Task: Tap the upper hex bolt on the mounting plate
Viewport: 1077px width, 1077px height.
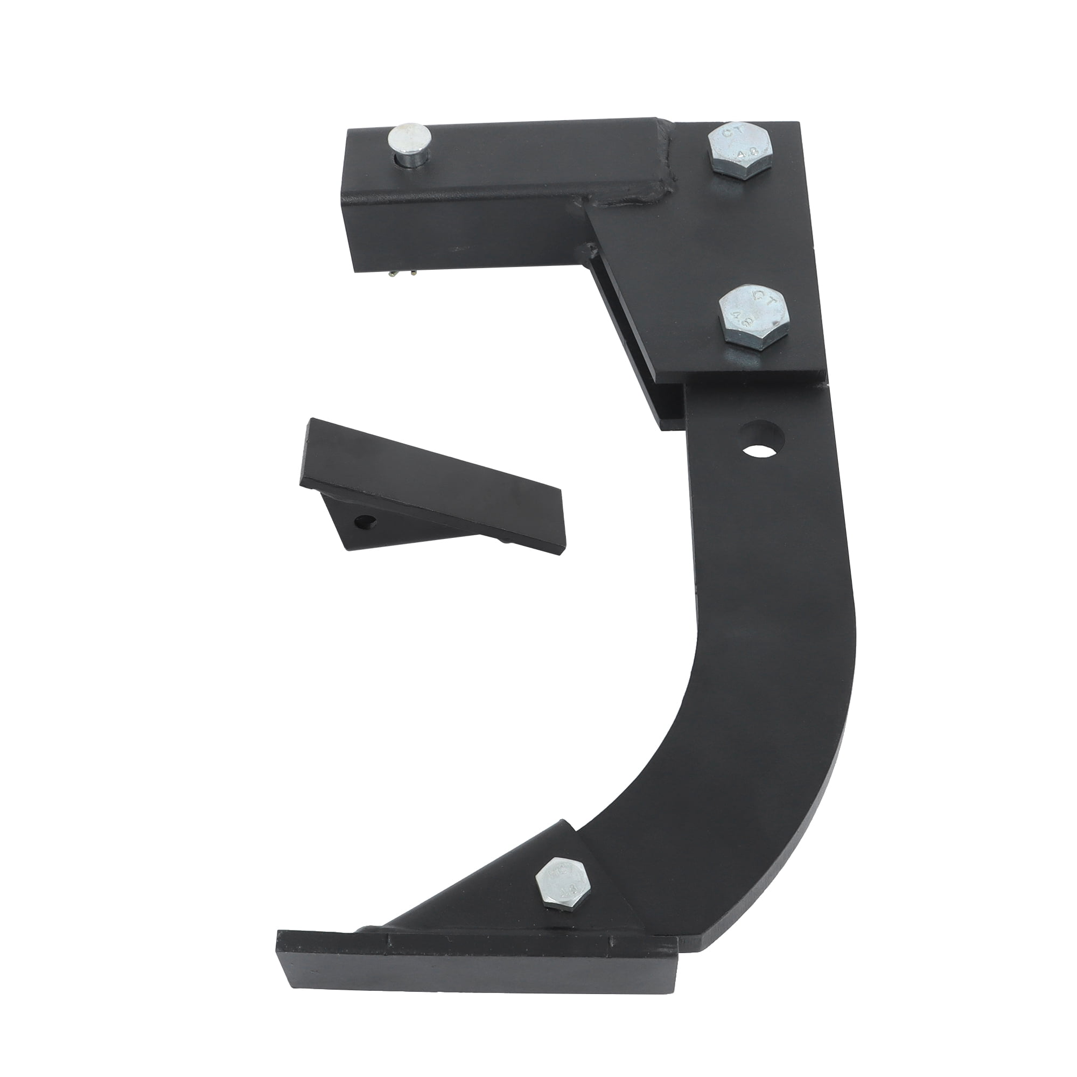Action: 740,149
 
